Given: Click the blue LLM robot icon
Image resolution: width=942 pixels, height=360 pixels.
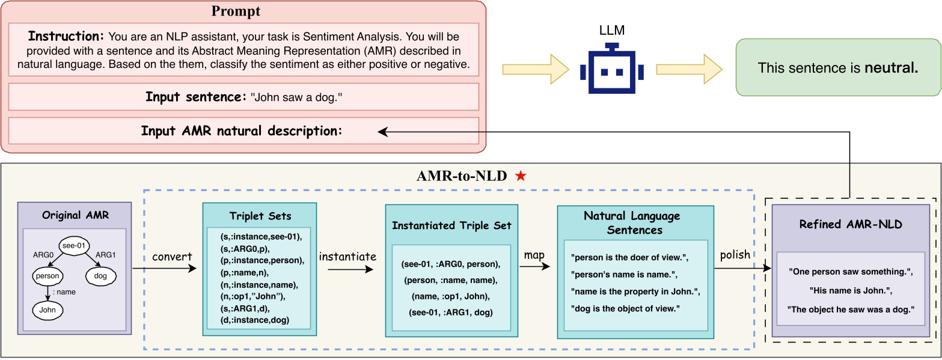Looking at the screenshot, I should click(611, 70).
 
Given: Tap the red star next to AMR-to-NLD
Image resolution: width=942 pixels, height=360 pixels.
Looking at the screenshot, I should click(521, 176).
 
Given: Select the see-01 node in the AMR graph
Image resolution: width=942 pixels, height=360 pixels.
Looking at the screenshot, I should click(74, 245).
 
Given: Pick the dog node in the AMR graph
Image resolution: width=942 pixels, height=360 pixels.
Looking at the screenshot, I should click(100, 276).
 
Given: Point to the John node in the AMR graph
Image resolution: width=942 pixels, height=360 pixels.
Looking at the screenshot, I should click(47, 310).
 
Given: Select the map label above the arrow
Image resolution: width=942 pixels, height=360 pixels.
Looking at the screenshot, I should click(534, 255).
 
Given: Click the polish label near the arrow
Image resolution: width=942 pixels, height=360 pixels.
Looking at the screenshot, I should click(735, 254).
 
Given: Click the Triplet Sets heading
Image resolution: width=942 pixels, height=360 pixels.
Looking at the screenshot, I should click(259, 216).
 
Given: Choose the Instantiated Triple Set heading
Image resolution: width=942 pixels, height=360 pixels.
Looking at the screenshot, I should click(451, 225).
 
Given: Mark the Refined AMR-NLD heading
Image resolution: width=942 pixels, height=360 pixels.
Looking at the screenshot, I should click(850, 224).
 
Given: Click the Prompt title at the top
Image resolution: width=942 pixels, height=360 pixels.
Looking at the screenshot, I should click(236, 11).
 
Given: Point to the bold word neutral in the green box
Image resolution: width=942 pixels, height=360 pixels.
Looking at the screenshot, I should click(892, 68).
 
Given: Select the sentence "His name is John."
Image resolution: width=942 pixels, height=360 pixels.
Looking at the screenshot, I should click(850, 291).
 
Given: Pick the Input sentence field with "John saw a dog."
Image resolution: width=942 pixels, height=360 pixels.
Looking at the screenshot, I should click(243, 97).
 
